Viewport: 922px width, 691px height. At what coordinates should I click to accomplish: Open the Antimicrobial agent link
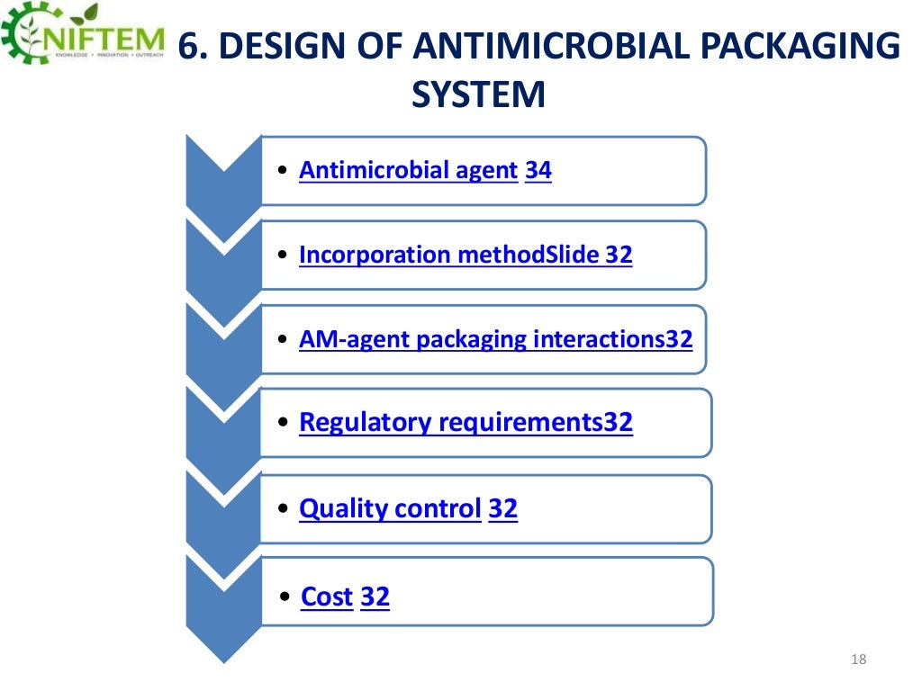click(x=408, y=170)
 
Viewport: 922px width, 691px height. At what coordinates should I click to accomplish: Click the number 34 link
click(x=538, y=170)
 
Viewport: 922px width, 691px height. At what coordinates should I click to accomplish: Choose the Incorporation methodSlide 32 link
click(x=466, y=255)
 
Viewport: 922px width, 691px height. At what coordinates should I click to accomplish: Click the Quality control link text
click(x=390, y=508)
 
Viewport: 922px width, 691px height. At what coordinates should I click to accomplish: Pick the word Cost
click(x=326, y=596)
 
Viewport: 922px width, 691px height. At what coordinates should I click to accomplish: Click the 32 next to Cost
click(x=375, y=596)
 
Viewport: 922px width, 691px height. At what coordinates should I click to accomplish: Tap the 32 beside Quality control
click(x=502, y=508)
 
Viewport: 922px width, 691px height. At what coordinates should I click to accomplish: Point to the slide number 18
click(x=857, y=661)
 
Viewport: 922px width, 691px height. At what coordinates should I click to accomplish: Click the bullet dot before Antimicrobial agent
click(x=284, y=171)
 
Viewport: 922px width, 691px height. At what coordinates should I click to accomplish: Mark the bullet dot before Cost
click(x=285, y=597)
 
